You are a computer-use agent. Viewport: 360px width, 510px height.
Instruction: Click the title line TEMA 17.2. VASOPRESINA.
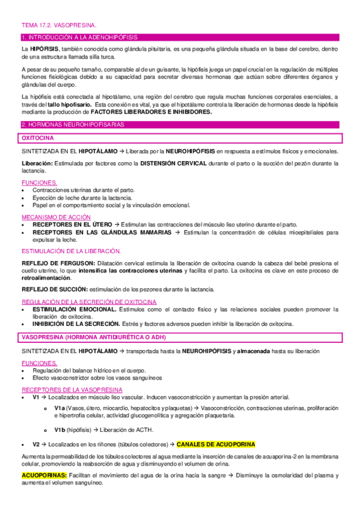tap(58, 26)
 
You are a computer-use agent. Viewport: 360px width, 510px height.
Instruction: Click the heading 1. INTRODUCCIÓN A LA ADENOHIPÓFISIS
tap(79, 37)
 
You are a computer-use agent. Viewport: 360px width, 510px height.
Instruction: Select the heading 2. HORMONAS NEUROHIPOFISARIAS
tap(73, 124)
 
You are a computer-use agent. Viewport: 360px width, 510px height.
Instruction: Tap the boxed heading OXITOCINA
tap(38, 138)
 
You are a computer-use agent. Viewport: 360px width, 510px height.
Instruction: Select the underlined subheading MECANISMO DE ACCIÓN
tap(56, 217)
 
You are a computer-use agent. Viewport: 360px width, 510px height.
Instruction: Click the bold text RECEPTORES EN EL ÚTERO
tap(72, 224)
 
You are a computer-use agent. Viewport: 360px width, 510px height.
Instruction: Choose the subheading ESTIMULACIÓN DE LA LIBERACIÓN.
tap(71, 251)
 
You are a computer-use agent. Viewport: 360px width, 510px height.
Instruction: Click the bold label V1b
tap(59, 429)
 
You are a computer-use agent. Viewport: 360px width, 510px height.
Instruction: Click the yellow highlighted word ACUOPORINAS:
tap(43, 476)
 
